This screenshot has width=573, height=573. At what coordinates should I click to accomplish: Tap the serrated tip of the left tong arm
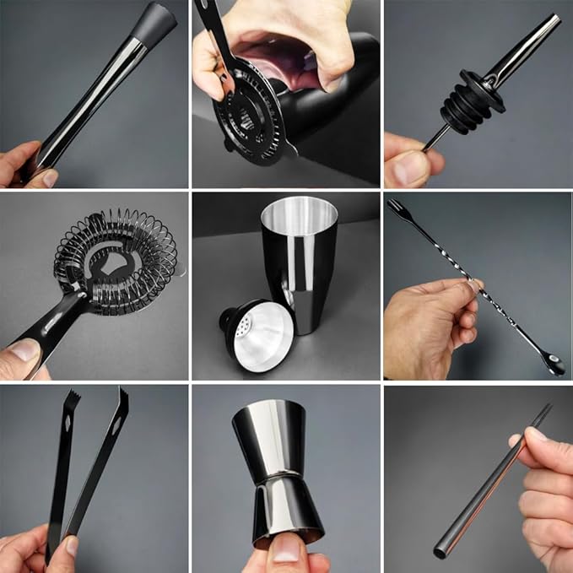point(72,398)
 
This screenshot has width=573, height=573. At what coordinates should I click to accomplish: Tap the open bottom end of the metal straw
point(441,552)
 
